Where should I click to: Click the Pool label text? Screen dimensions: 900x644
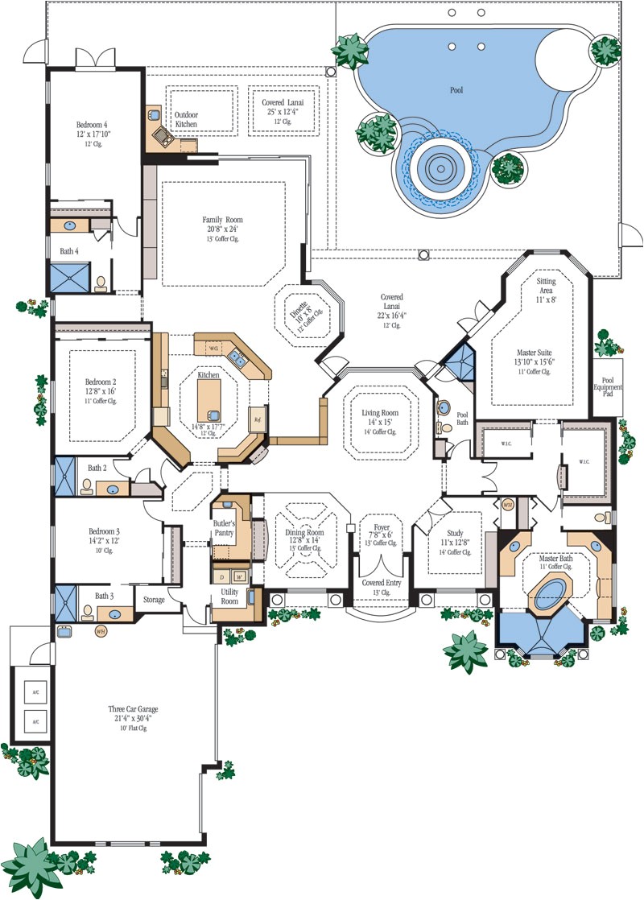pos(456,90)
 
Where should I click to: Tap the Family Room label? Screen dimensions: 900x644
pos(222,220)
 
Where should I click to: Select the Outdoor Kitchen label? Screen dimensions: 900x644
pos(187,120)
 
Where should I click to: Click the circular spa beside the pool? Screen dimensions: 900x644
pos(440,167)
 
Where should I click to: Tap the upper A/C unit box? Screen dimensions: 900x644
pos(35,692)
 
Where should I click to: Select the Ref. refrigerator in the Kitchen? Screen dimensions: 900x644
pos(258,420)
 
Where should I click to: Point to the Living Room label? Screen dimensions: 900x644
pos(380,413)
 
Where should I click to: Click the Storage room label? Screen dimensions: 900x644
pos(154,600)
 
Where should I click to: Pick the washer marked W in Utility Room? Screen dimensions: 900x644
pos(239,577)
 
